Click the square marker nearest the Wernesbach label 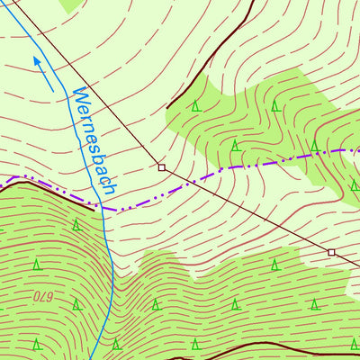[x=162, y=167]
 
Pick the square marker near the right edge [x=331, y=252]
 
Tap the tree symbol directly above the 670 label [x=37, y=265]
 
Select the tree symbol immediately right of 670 [x=76, y=304]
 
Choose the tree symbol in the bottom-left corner [x=37, y=344]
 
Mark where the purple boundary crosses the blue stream [x=105, y=208]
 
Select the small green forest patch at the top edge [x=72, y=4]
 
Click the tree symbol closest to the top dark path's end [x=195, y=106]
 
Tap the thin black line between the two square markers [x=247, y=210]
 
